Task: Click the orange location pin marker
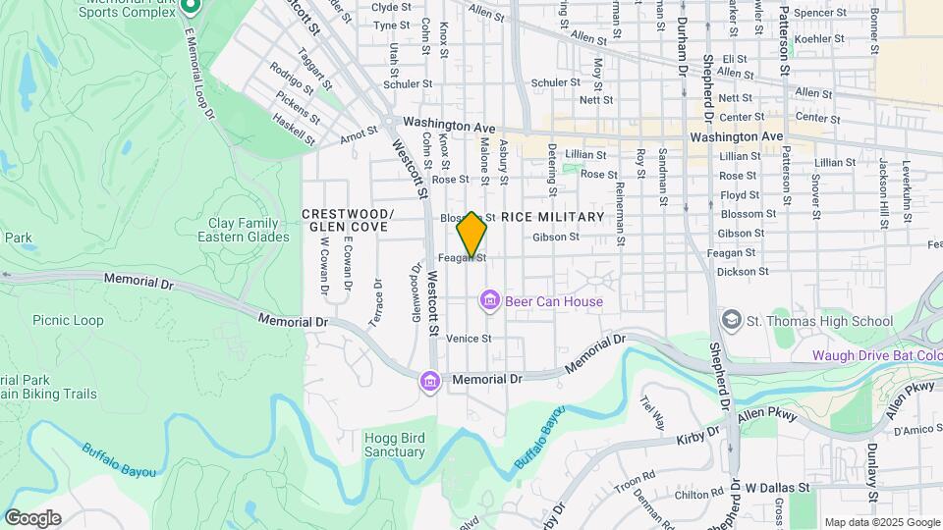coord(472,235)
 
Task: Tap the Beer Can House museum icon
coord(489,301)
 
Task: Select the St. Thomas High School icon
coord(731,321)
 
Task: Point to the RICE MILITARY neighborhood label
coord(553,216)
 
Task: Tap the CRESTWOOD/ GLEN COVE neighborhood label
coord(348,220)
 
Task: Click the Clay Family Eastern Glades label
coord(244,230)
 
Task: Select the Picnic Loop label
coord(68,320)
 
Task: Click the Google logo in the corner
coord(32,517)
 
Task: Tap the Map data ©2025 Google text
coord(881,522)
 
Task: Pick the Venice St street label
coord(469,339)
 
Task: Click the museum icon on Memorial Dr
coord(429,380)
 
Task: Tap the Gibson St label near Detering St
coord(556,237)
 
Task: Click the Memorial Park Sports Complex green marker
coord(192,6)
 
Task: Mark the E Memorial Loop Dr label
coord(197,75)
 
